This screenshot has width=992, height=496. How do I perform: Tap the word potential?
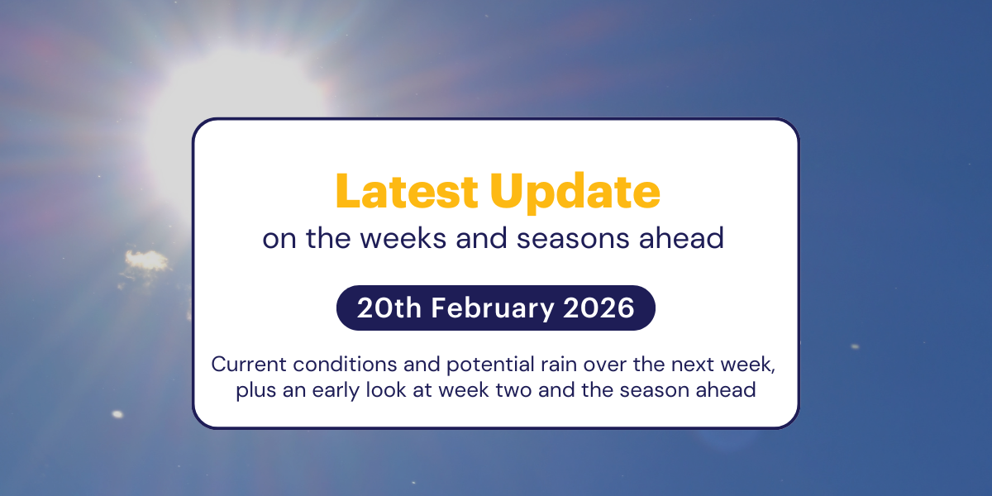click(x=454, y=365)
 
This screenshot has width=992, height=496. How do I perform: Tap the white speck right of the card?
click(x=855, y=346)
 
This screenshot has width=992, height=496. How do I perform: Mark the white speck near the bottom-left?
click(x=117, y=414)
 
